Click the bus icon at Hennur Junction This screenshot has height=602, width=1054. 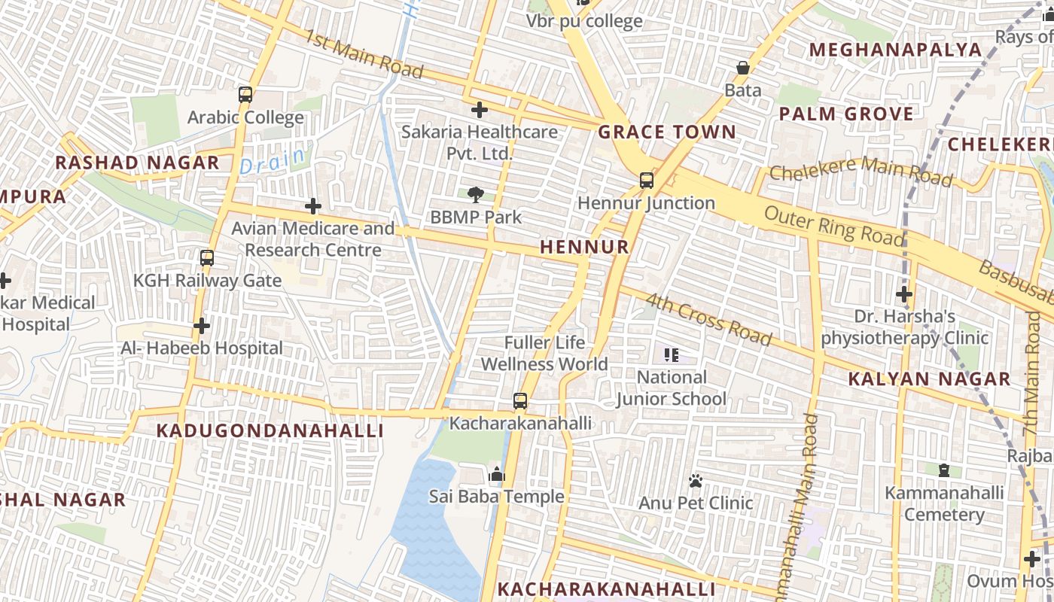pyautogui.click(x=646, y=181)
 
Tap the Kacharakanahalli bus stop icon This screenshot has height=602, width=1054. pyautogui.click(x=520, y=401)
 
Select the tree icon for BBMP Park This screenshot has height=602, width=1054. pyautogui.click(x=475, y=195)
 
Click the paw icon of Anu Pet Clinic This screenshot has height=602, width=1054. pyautogui.click(x=696, y=480)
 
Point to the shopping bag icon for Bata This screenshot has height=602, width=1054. pyautogui.click(x=743, y=68)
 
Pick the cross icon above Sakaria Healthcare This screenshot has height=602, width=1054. pyautogui.click(x=479, y=110)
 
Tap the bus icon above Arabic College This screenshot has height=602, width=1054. pyautogui.click(x=245, y=95)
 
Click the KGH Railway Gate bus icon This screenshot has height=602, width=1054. pyautogui.click(x=207, y=258)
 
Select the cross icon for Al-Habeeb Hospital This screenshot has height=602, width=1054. pyautogui.click(x=201, y=326)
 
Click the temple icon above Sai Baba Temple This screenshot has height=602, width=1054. pyautogui.click(x=496, y=474)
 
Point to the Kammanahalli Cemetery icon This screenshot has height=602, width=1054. pyautogui.click(x=944, y=471)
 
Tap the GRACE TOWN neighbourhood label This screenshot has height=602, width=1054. pyautogui.click(x=667, y=132)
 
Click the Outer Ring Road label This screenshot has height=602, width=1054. pyautogui.click(x=834, y=225)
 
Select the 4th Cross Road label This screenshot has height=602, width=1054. pyautogui.click(x=708, y=319)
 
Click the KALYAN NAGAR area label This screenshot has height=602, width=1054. pyautogui.click(x=929, y=379)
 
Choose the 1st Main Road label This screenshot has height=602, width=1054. pyautogui.click(x=364, y=53)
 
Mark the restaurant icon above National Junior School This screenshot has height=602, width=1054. pyautogui.click(x=672, y=354)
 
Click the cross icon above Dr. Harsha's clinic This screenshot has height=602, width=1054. pyautogui.click(x=904, y=293)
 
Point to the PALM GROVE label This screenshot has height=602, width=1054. pyautogui.click(x=846, y=114)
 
